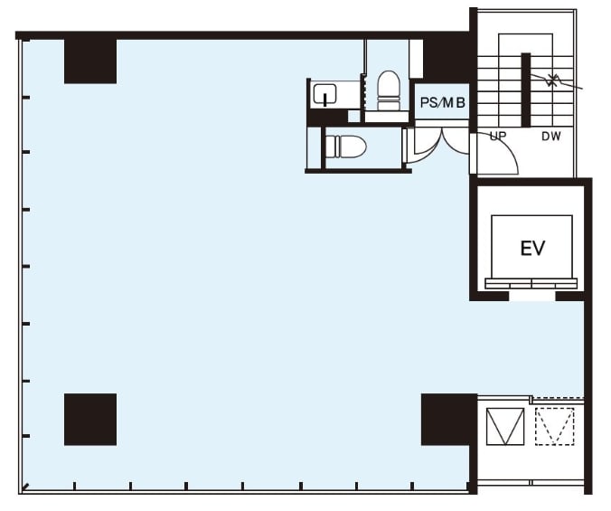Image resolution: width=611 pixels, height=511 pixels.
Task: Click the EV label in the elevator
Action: (532, 248)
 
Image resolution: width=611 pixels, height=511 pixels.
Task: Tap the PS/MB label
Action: (443, 102)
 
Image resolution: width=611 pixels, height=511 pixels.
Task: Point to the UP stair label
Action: (498, 136)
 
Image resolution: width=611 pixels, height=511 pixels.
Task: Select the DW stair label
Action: (551, 136)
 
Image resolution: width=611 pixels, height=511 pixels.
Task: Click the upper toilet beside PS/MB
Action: (389, 90)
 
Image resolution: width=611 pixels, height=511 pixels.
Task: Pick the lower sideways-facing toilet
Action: (345, 147)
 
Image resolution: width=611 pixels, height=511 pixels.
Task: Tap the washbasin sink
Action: (325, 94)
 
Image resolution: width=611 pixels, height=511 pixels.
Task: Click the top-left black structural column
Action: (90, 62)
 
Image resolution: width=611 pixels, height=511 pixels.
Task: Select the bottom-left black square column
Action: (90, 420)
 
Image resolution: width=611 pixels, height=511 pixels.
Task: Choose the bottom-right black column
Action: (449, 420)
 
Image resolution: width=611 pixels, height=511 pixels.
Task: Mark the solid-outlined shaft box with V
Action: (505, 426)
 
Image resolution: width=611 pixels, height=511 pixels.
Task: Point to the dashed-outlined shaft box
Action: (554, 426)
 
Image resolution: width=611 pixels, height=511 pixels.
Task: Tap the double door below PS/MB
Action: (441, 144)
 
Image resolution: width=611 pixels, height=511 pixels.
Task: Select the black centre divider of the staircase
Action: (526, 90)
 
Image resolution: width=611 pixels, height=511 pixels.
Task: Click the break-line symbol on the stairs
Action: (550, 81)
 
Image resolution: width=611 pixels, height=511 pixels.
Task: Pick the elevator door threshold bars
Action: (531, 283)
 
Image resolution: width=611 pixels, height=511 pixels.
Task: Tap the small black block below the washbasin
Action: (327, 117)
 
